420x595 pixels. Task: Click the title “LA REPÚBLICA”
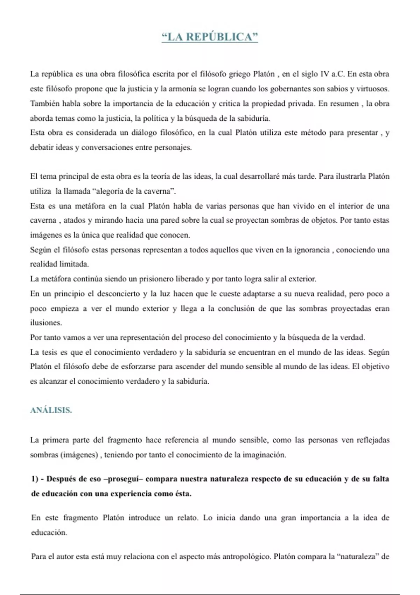click(x=210, y=37)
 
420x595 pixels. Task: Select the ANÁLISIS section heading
click(x=51, y=410)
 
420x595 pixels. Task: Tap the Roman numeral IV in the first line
click(x=325, y=74)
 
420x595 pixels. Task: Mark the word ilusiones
click(x=46, y=323)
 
